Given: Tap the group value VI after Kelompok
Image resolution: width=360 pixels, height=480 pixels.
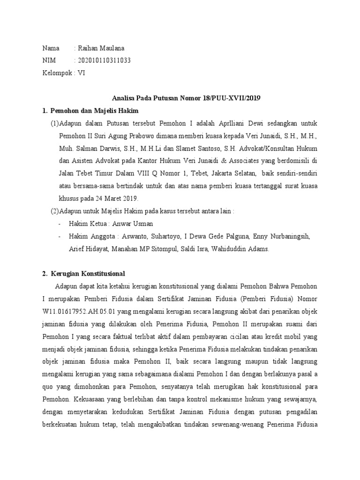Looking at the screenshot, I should [82, 73].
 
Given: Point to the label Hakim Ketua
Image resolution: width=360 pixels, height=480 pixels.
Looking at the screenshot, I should [88, 224].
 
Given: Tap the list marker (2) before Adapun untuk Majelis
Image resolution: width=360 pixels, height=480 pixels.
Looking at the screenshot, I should [54, 211].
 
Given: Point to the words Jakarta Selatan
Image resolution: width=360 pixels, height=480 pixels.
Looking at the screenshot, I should [233, 173].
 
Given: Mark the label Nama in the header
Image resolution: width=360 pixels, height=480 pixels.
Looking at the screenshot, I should [51, 48].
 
